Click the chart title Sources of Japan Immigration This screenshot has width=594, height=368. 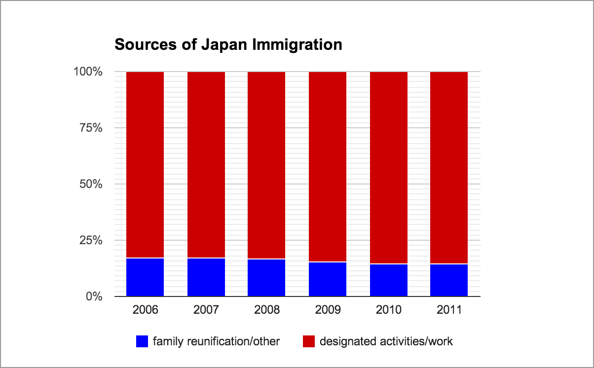pyautogui.click(x=228, y=45)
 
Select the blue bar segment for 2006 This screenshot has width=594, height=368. pyautogui.click(x=145, y=277)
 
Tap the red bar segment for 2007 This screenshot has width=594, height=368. pyautogui.click(x=206, y=165)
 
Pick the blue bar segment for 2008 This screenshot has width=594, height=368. pyautogui.click(x=266, y=278)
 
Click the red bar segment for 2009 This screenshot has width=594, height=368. pyautogui.click(x=328, y=167)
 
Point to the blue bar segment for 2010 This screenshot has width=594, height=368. pyautogui.click(x=389, y=280)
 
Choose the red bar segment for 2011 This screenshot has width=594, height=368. pyautogui.click(x=449, y=168)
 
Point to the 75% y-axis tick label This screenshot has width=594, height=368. pyautogui.click(x=91, y=128)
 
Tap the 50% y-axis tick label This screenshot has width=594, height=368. pyautogui.click(x=91, y=184)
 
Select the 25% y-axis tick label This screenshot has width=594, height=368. pyautogui.click(x=91, y=241)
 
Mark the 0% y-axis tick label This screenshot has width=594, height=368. pyautogui.click(x=94, y=297)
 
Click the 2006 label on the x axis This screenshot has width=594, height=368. pyautogui.click(x=145, y=310)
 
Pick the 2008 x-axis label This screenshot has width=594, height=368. pyautogui.click(x=266, y=310)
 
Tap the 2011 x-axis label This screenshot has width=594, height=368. pyautogui.click(x=449, y=310)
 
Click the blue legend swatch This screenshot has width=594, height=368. pyautogui.click(x=142, y=341)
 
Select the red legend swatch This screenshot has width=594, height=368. pyautogui.click(x=308, y=341)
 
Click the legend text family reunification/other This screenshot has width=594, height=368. pyautogui.click(x=216, y=341)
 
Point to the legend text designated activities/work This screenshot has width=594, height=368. pyautogui.click(x=386, y=341)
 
